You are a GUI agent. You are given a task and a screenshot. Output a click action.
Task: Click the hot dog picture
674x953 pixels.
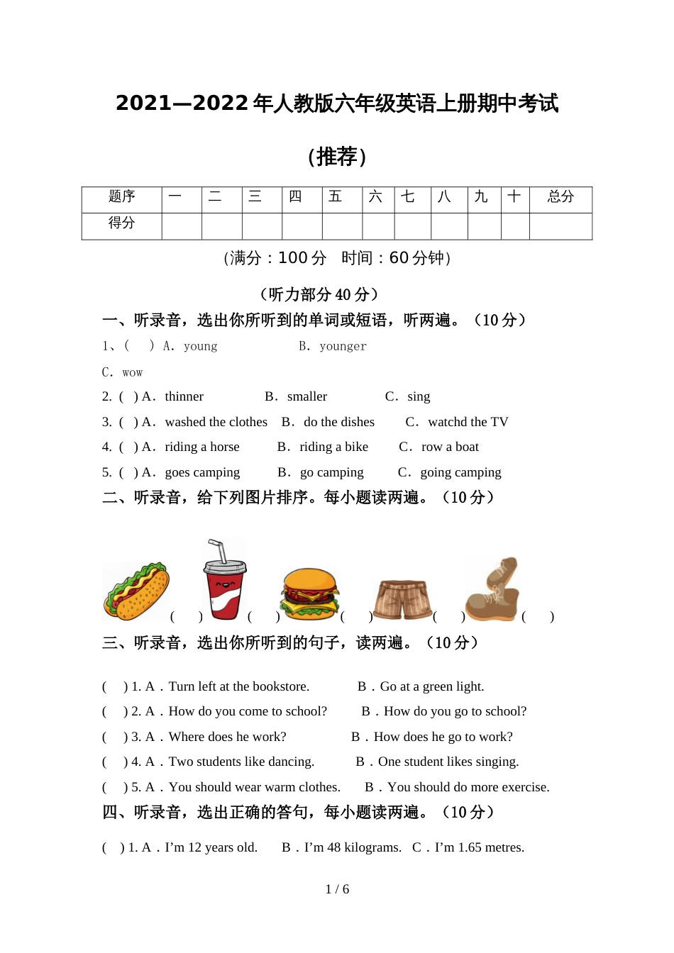136,591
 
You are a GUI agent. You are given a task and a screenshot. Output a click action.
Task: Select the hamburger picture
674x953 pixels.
309,594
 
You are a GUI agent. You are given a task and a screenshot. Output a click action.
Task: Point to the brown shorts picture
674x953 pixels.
402,600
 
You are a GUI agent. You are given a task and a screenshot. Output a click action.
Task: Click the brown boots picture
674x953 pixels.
492,591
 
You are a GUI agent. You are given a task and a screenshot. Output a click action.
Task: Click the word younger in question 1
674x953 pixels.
343,346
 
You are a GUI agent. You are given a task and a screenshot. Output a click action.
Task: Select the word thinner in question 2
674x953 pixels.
184,396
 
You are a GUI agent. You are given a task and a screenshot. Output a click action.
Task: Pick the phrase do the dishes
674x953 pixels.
338,422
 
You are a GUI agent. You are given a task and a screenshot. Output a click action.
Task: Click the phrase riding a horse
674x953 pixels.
201,447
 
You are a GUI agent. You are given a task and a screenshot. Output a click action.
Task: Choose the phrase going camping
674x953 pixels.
460,472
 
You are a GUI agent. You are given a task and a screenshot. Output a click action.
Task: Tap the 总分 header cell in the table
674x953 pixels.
560,197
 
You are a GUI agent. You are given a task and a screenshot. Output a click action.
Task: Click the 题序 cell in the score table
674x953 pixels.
121,197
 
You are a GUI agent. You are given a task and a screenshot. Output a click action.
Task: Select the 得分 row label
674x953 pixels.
121,223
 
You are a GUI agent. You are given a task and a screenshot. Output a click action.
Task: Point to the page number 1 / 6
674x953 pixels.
337,889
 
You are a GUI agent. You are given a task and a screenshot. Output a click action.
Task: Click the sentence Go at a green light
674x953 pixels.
431,686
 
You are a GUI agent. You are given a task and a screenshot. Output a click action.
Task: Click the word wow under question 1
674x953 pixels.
132,372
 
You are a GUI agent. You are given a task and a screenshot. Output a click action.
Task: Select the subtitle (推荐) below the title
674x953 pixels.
337,156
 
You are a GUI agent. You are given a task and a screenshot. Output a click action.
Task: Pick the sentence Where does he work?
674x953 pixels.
227,737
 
